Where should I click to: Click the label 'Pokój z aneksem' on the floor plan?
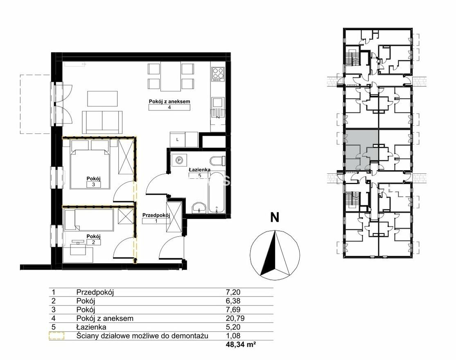[169, 101]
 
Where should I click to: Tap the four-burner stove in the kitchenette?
[218, 74]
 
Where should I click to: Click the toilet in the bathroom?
[217, 161]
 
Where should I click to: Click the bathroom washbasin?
[199, 207]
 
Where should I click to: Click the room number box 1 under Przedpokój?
[156, 221]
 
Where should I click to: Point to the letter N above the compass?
[275, 217]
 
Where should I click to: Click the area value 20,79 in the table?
[235, 318]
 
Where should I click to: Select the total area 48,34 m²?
[241, 345]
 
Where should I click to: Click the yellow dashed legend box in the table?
[56, 336]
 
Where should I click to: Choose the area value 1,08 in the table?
[233, 336]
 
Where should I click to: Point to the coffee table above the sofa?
[103, 99]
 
